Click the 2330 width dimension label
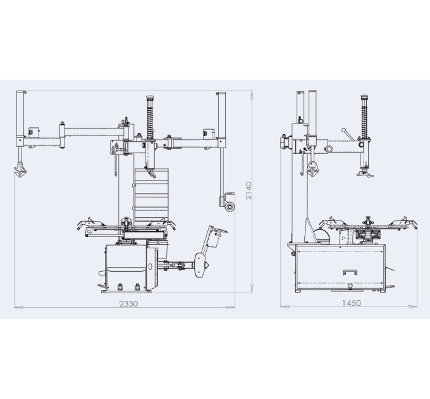point(128,304)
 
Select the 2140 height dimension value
point(249,191)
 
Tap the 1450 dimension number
point(352,303)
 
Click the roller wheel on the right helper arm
point(230,206)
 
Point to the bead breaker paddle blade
point(200,265)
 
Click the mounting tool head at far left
point(20,170)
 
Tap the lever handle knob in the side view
point(343,130)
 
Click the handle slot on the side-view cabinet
point(350,272)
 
